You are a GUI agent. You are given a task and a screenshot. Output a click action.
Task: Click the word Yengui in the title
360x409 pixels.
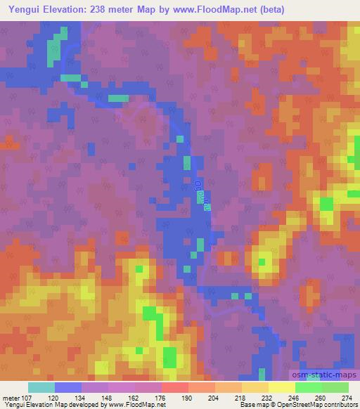pos(22,9)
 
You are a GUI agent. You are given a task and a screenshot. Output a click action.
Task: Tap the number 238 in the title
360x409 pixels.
pos(101,9)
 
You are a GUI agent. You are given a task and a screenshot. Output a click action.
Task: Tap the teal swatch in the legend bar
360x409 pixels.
pos(41,387)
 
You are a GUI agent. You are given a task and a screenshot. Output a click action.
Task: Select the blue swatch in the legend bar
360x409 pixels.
pos(68,387)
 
